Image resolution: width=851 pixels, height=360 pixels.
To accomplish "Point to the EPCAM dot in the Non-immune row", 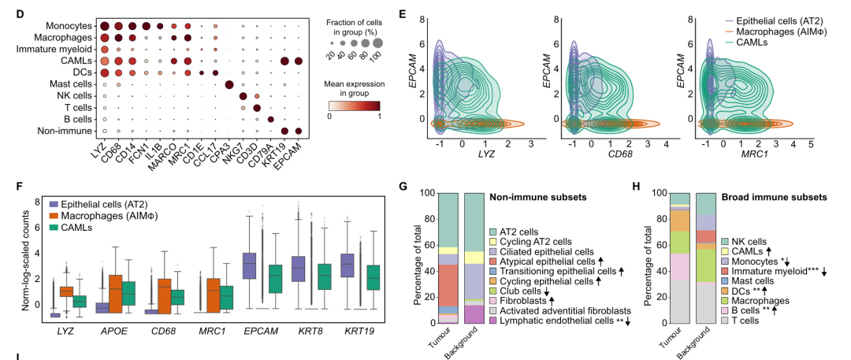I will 299,131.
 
